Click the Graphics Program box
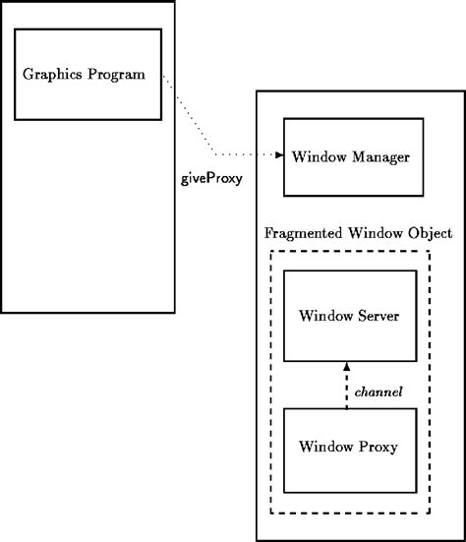pyautogui.click(x=87, y=74)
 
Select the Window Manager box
pyautogui.click(x=352, y=157)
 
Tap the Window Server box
pyautogui.click(x=349, y=316)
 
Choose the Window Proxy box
pyautogui.click(x=349, y=447)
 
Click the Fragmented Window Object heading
pyautogui.click(x=359, y=233)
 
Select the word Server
pyautogui.click(x=378, y=316)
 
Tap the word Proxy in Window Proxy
pyautogui.click(x=379, y=448)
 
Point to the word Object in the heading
pyautogui.click(x=428, y=233)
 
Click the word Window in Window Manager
pyautogui.click(x=321, y=157)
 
